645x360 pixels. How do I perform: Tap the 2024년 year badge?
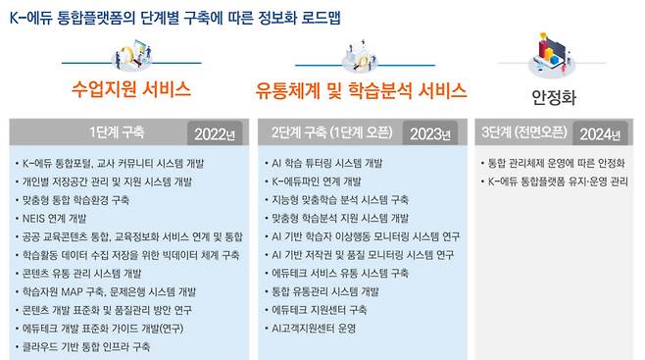tap(600, 133)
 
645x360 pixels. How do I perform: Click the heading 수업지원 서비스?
tap(129, 90)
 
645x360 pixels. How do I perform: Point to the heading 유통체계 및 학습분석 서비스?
tap(361, 92)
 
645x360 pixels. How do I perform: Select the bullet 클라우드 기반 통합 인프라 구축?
tap(85, 346)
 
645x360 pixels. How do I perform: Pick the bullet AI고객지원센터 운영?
tap(314, 328)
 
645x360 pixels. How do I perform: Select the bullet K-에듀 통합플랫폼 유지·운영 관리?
tap(555, 181)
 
